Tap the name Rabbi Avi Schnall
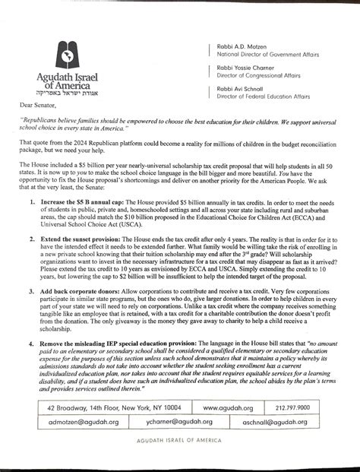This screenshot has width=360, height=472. pos(242,88)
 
